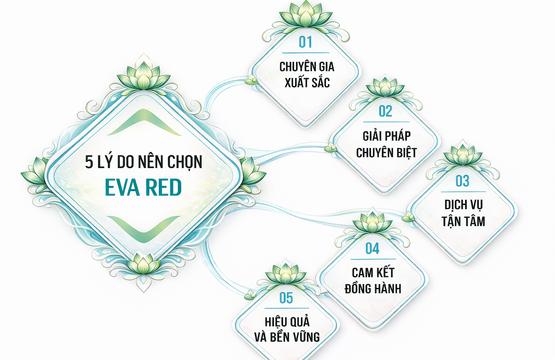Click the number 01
[306, 43]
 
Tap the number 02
[384, 112]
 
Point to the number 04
[371, 247]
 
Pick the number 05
[286, 297]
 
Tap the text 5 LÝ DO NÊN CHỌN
[138, 158]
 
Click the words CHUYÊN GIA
[306, 65]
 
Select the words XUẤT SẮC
[306, 83]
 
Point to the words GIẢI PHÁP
[384, 134]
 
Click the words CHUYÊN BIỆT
[384, 152]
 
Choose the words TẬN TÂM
[462, 221]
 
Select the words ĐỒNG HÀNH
[371, 287]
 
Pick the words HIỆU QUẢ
[286, 319]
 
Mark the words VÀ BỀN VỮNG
[286, 336]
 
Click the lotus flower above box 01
[306, 13]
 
